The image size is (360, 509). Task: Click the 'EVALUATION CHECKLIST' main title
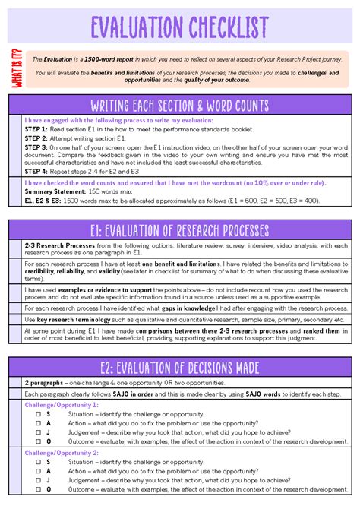179,28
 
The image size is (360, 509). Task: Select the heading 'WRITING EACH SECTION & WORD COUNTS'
179,104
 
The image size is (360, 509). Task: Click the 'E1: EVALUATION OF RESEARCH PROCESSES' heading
179,230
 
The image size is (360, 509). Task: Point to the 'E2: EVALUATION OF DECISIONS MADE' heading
179,368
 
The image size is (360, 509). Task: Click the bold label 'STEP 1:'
36,128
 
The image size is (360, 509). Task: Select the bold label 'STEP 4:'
36,172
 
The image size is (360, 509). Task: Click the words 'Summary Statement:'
52,192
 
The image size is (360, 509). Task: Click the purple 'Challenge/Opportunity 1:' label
61,405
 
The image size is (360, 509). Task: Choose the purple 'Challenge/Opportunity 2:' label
61,453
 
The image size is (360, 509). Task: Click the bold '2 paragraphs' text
45,384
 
